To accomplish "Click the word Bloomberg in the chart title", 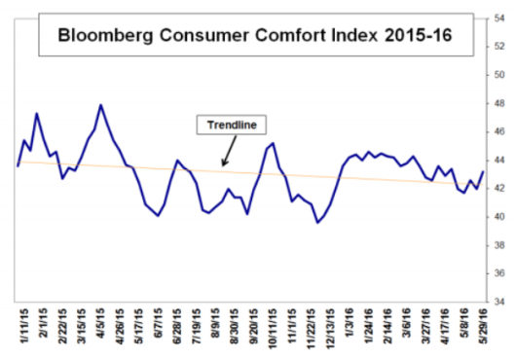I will click(102, 40).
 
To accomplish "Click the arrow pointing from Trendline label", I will click(227, 153).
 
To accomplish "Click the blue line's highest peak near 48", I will click(101, 104).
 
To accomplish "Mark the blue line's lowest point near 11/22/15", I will click(317, 223).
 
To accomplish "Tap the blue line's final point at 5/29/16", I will click(483, 172).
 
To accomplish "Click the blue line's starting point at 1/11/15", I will click(18, 166).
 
